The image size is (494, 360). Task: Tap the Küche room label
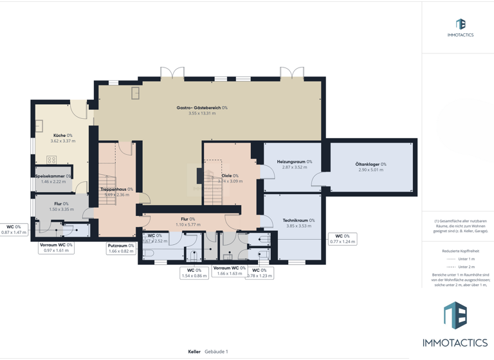(59, 136)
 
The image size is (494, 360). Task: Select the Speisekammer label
(51, 176)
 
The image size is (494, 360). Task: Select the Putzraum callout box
(121, 248)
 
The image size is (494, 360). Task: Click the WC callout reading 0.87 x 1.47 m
(14, 230)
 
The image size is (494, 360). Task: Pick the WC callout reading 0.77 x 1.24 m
(342, 239)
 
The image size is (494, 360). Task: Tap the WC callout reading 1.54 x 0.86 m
(194, 273)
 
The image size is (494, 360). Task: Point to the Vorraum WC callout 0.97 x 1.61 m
(56, 248)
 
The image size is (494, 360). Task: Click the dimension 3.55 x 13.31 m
(202, 114)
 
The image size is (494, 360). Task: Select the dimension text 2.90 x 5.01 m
(370, 170)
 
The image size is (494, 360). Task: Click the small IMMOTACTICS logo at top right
(461, 28)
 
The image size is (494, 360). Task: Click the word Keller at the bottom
(194, 352)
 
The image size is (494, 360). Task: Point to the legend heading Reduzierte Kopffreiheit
(461, 251)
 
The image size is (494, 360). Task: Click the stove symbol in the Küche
(51, 159)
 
